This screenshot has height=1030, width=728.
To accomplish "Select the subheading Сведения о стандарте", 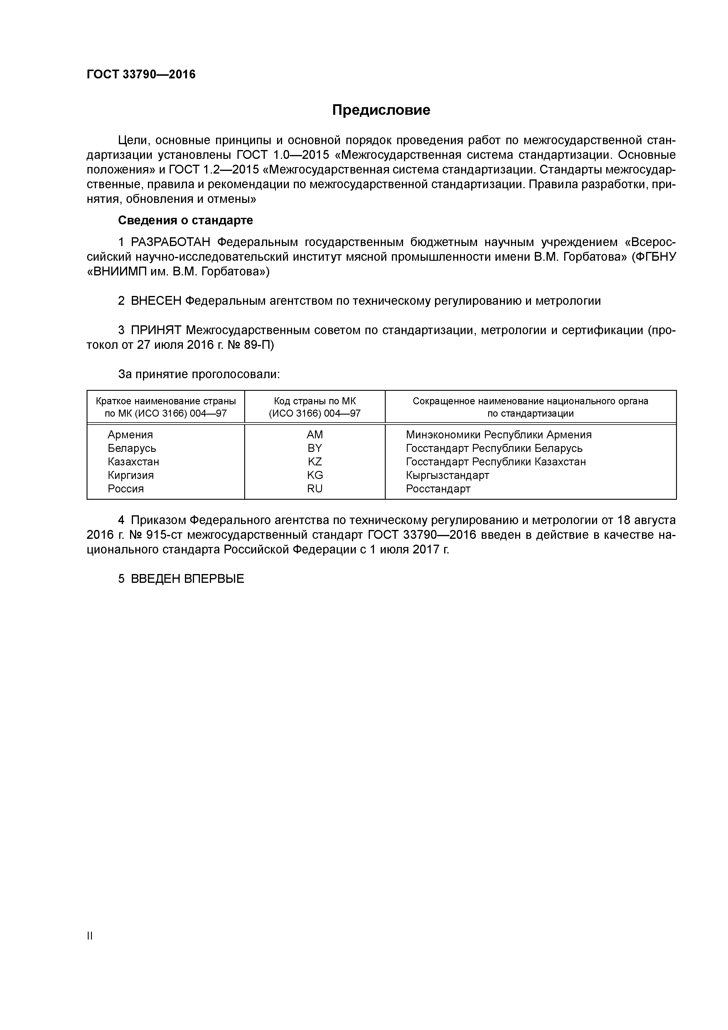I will (185, 220).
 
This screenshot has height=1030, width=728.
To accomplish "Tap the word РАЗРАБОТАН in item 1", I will (171, 242).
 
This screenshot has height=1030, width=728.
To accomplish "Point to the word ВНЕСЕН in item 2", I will (156, 301).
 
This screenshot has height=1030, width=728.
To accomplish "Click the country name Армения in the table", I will (130, 435).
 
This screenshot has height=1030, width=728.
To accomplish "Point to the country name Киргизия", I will (131, 475).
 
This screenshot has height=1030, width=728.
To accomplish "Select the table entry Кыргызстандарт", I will (447, 475).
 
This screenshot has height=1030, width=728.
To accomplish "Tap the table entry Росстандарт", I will (438, 489).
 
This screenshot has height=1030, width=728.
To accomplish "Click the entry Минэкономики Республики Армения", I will (498, 435).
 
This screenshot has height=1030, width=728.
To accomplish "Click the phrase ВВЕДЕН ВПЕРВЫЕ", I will (188, 579).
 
